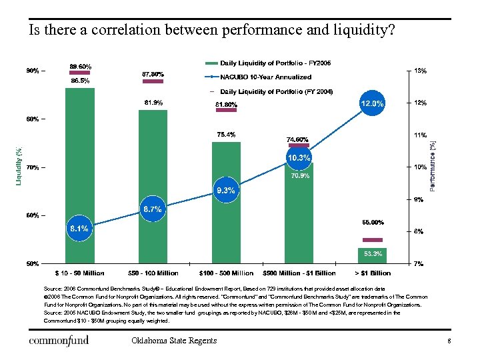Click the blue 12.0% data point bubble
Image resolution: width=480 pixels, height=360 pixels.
(372, 103)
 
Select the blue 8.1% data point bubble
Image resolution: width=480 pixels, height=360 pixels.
(79, 229)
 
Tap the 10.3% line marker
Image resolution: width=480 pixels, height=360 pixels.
(299, 157)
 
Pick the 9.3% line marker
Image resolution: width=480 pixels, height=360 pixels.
(225, 191)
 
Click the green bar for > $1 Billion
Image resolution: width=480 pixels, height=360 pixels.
(372, 255)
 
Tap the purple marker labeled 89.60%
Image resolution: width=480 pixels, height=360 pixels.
(80, 73)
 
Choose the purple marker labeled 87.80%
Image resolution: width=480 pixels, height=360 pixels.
(153, 81)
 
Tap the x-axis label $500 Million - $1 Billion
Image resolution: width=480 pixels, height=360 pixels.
(299, 273)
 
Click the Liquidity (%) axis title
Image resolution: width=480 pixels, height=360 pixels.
(19, 166)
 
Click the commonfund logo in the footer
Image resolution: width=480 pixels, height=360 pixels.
(59, 341)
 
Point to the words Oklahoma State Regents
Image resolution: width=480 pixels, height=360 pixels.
(174, 341)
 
